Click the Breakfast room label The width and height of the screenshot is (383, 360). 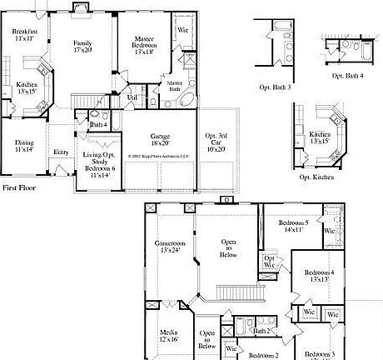pos(24,34)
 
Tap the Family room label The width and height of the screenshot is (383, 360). pos(82,47)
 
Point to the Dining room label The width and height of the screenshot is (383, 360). pos(24,146)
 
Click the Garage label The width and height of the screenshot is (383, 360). pos(161,139)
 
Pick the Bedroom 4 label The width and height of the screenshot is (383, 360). pos(320,277)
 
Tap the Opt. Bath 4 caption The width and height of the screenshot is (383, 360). pos(347,76)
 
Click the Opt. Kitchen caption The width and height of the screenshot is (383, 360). pos(316,177)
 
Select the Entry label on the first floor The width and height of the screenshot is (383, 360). pos(61,152)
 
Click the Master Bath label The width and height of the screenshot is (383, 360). pos(175,87)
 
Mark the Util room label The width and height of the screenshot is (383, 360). pos(132,97)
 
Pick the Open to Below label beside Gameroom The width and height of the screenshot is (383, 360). pos(229,247)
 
